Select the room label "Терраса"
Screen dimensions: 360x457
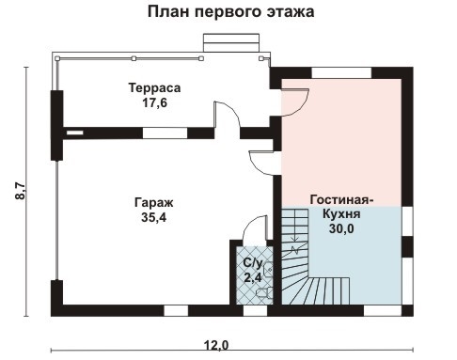pos(154,87)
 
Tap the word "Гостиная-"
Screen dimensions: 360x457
pos(341,200)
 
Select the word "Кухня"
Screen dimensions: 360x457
pos(341,214)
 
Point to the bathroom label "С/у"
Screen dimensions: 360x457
pos(253,262)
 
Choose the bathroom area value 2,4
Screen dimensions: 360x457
pos(253,277)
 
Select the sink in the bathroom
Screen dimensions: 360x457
pos(268,270)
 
